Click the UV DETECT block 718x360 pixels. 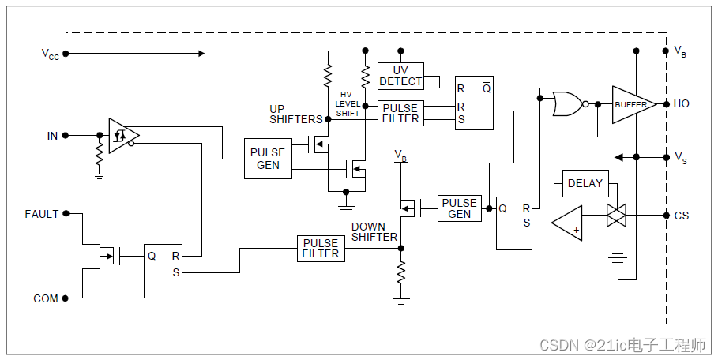coord(400,77)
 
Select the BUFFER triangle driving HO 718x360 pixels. coord(633,105)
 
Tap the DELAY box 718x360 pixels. coord(585,183)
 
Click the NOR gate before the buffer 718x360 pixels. coord(568,104)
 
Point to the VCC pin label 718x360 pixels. coord(51,54)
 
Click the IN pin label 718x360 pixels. coord(53,136)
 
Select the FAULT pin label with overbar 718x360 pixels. coord(42,214)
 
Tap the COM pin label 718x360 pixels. coord(46,298)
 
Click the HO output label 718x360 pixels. coord(682,104)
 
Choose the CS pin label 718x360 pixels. coord(682,216)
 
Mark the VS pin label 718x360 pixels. coord(681,158)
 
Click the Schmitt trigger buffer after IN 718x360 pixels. coord(123,136)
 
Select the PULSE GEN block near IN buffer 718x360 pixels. coord(268,159)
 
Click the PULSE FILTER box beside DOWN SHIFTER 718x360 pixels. coord(321,249)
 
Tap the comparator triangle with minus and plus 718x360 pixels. coord(567,223)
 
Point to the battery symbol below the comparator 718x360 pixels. coord(618,255)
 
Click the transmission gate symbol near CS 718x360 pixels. coord(616,216)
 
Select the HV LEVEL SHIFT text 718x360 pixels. coord(348,104)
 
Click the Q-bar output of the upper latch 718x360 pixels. coord(487,88)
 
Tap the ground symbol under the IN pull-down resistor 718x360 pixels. coord(100,175)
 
